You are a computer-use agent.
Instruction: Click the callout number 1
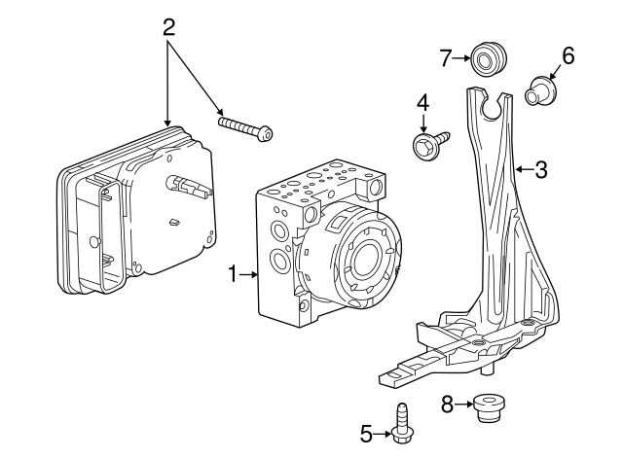coord(233,276)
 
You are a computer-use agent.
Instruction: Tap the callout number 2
coord(169,25)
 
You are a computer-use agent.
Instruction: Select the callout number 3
coord(541,169)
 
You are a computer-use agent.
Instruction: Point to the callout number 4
coord(423,101)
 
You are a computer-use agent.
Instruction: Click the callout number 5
coord(367,434)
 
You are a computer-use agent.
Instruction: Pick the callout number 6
coord(568,56)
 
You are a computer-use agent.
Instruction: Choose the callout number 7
coord(446,58)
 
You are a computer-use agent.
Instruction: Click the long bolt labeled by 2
coord(246,129)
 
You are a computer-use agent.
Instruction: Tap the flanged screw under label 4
coord(428,145)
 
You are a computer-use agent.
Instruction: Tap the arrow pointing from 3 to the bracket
coord(522,169)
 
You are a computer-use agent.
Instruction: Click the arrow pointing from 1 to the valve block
coord(249,276)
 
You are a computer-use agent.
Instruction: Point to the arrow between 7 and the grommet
coord(461,59)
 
